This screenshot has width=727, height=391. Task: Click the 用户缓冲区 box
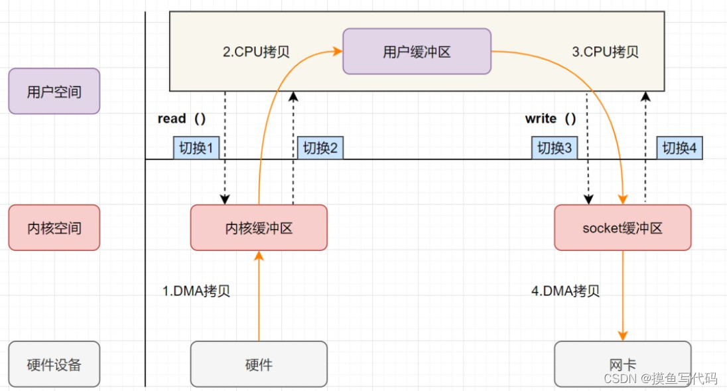point(417,51)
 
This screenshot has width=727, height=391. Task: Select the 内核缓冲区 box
point(259,228)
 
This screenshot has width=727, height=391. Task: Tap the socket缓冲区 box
point(622,228)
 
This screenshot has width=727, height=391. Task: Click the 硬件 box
point(259,364)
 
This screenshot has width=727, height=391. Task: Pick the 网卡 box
point(622,364)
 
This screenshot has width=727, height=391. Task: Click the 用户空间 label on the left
point(54,91)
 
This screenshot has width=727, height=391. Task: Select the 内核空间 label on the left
point(54,228)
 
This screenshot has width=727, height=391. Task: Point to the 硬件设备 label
point(54,364)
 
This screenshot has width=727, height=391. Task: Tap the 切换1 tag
point(196,148)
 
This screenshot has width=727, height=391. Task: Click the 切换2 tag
point(320,148)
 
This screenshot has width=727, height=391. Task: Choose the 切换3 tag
point(554,148)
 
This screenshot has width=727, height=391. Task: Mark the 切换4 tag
point(679,148)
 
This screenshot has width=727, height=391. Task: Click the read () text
point(181,119)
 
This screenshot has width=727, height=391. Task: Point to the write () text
point(551,119)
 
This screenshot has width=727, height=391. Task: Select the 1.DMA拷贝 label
point(196,291)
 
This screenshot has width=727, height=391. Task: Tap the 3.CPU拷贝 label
point(605,52)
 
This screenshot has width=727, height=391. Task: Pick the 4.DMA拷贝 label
point(566,291)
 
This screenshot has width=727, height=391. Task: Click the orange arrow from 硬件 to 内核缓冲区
point(259,299)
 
